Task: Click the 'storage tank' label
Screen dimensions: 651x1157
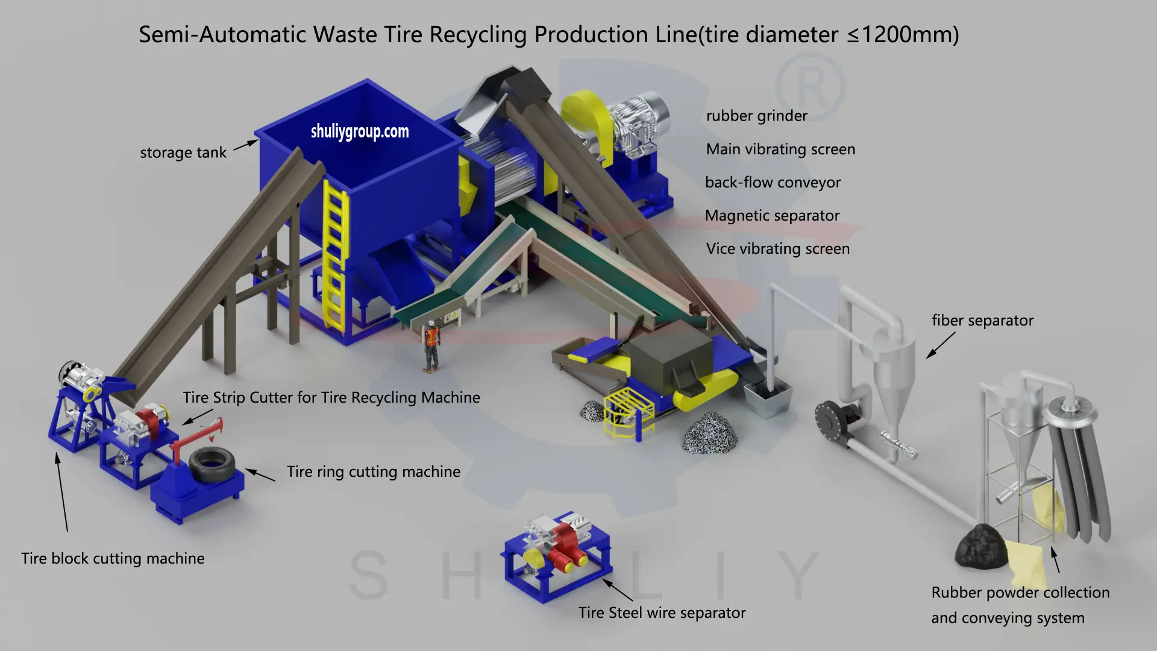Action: click(x=183, y=153)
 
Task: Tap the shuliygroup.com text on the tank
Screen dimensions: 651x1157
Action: click(x=360, y=131)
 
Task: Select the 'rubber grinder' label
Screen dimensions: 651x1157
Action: click(x=756, y=116)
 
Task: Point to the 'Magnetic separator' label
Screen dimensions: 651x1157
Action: click(x=772, y=216)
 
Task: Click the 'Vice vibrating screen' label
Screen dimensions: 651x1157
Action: click(x=777, y=249)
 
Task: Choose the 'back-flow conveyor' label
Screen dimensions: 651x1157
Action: click(x=773, y=183)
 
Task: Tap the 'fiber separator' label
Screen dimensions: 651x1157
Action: click(x=982, y=321)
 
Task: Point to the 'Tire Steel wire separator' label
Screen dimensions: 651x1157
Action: click(x=662, y=613)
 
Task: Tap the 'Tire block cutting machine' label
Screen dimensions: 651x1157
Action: click(x=113, y=559)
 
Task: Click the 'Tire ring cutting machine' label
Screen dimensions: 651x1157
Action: click(x=373, y=472)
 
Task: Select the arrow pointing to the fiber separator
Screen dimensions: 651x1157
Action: click(x=940, y=345)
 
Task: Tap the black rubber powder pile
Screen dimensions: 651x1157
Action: click(x=979, y=546)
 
